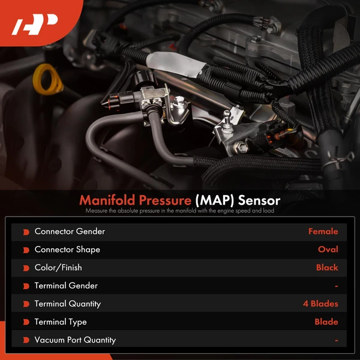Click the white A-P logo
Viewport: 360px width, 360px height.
35,25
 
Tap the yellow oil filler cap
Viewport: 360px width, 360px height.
47,79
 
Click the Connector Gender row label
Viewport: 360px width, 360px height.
70,232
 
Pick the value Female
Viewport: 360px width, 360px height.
323,232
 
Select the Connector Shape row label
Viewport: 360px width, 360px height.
67,250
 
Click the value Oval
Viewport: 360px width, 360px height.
328,250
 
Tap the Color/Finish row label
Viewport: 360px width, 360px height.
58,268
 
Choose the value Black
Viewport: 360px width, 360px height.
327,268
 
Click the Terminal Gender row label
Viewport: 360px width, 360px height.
66,286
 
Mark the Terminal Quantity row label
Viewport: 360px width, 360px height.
68,304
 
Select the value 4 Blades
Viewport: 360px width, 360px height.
320,304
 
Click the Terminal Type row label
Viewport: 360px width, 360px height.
61,322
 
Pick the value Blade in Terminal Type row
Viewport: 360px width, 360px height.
326,322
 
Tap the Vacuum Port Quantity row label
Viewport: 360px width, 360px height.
75,340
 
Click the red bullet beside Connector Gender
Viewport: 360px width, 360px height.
26,232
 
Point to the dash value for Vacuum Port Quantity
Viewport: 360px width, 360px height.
336,340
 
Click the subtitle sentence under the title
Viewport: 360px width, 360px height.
179,211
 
